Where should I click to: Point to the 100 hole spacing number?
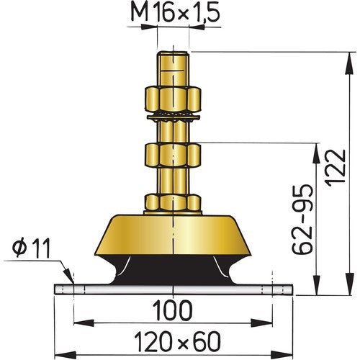pos(172,311)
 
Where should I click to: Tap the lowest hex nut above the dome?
pos(172,203)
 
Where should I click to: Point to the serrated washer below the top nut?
pos(172,114)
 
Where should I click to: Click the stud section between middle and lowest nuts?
pos(172,180)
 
